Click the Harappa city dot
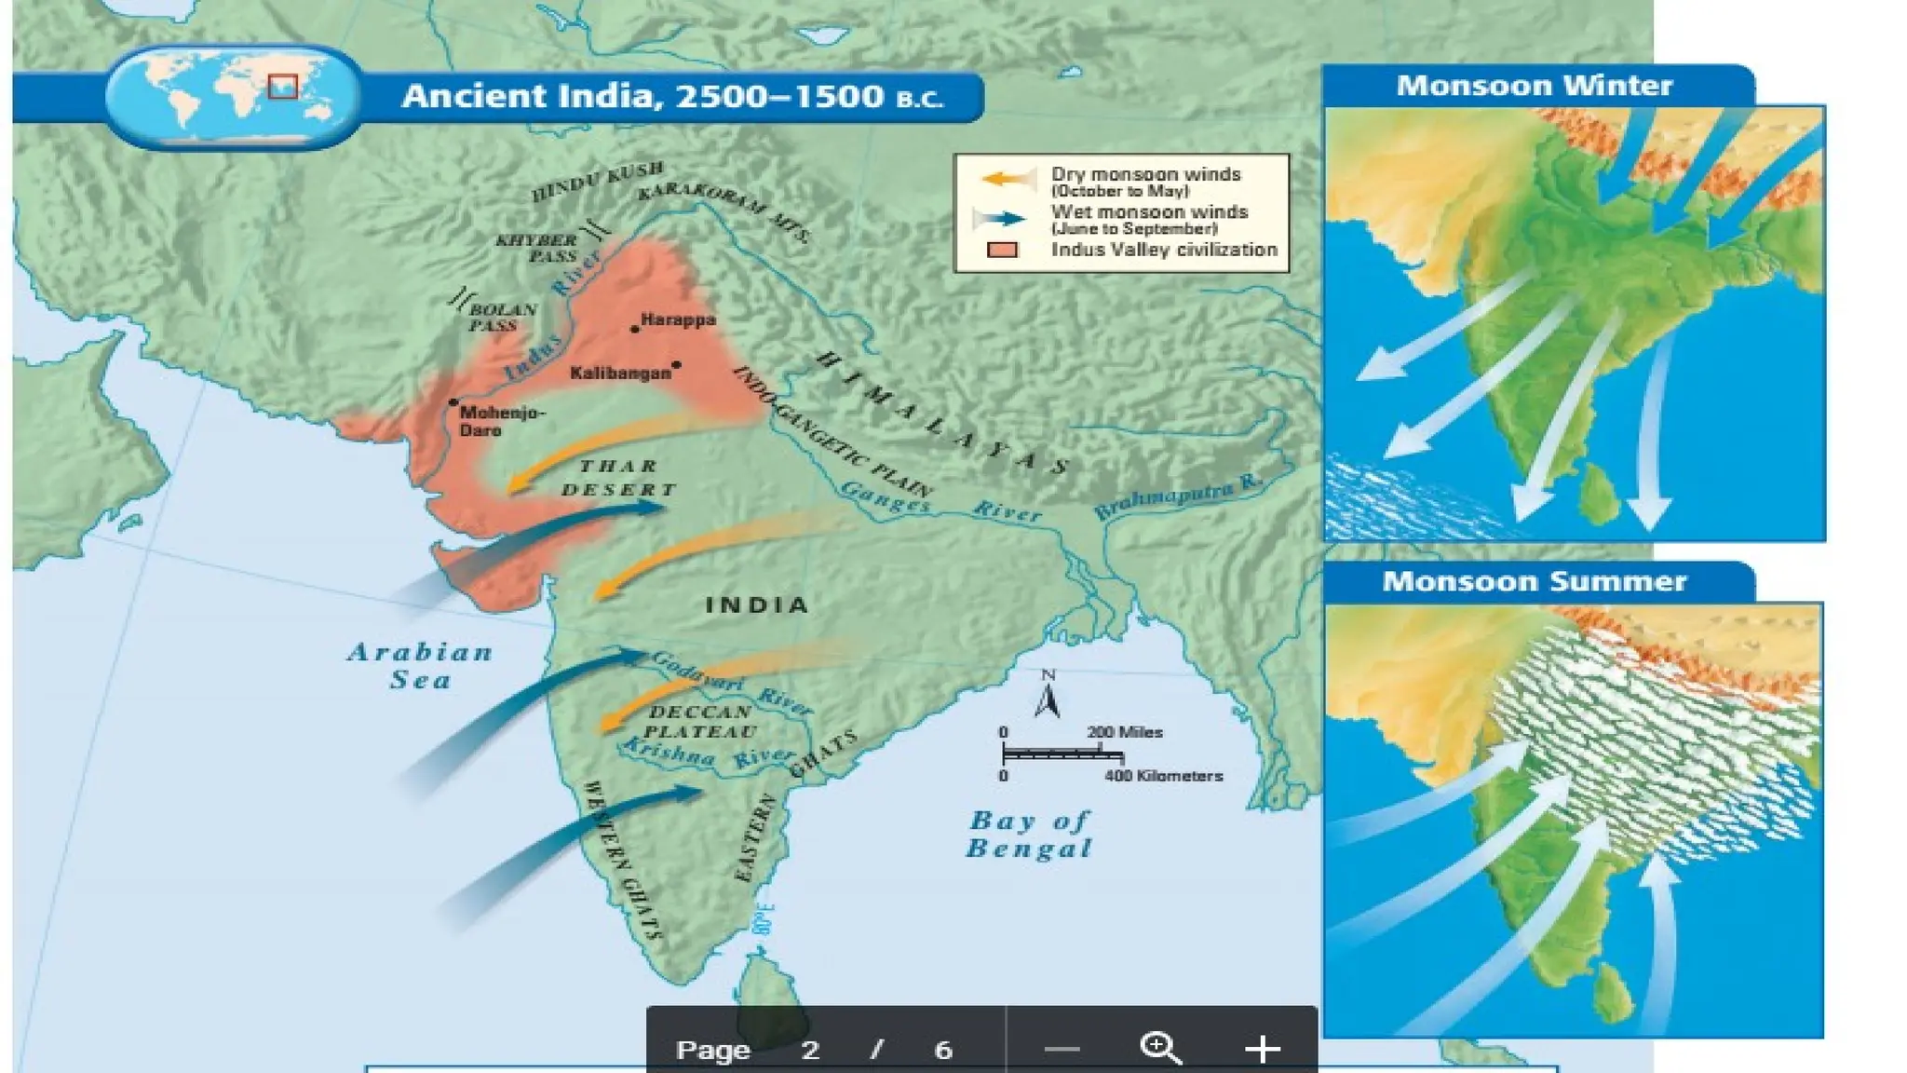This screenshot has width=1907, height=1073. tap(635, 329)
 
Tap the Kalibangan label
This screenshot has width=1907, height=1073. tap(620, 374)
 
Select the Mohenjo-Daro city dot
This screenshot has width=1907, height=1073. tap(453, 402)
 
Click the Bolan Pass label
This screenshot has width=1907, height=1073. tap(500, 318)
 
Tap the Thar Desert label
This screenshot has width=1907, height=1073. tap(618, 478)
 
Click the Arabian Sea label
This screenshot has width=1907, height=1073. tap(420, 665)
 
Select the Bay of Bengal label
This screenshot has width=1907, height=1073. tap(1030, 834)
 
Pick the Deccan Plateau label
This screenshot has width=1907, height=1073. tap(699, 722)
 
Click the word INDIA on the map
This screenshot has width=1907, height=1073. tap(757, 605)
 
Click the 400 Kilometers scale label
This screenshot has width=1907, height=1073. tap(1163, 776)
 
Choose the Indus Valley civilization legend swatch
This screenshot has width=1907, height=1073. tap(1003, 250)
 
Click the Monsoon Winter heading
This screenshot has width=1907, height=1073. tap(1534, 86)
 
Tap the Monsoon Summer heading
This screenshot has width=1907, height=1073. tap(1534, 581)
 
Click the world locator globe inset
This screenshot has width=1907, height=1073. tap(233, 97)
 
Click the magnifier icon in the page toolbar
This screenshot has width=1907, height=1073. tap(1160, 1048)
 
